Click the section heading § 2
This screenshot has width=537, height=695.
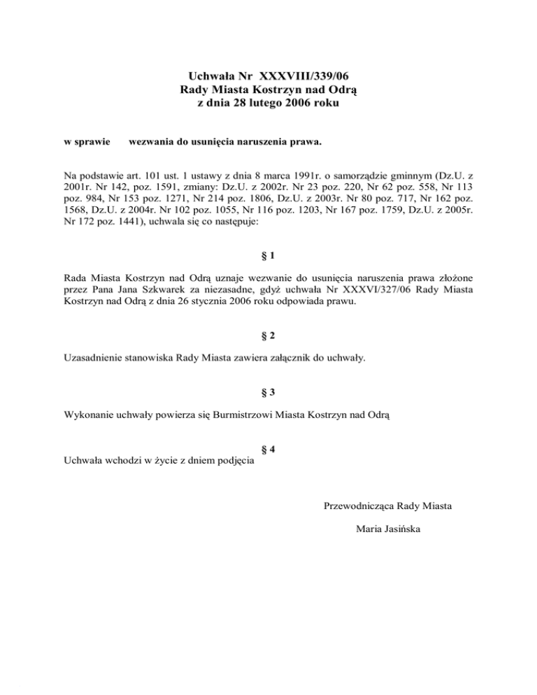[268, 336]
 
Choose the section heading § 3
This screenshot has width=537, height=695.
[268, 392]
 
